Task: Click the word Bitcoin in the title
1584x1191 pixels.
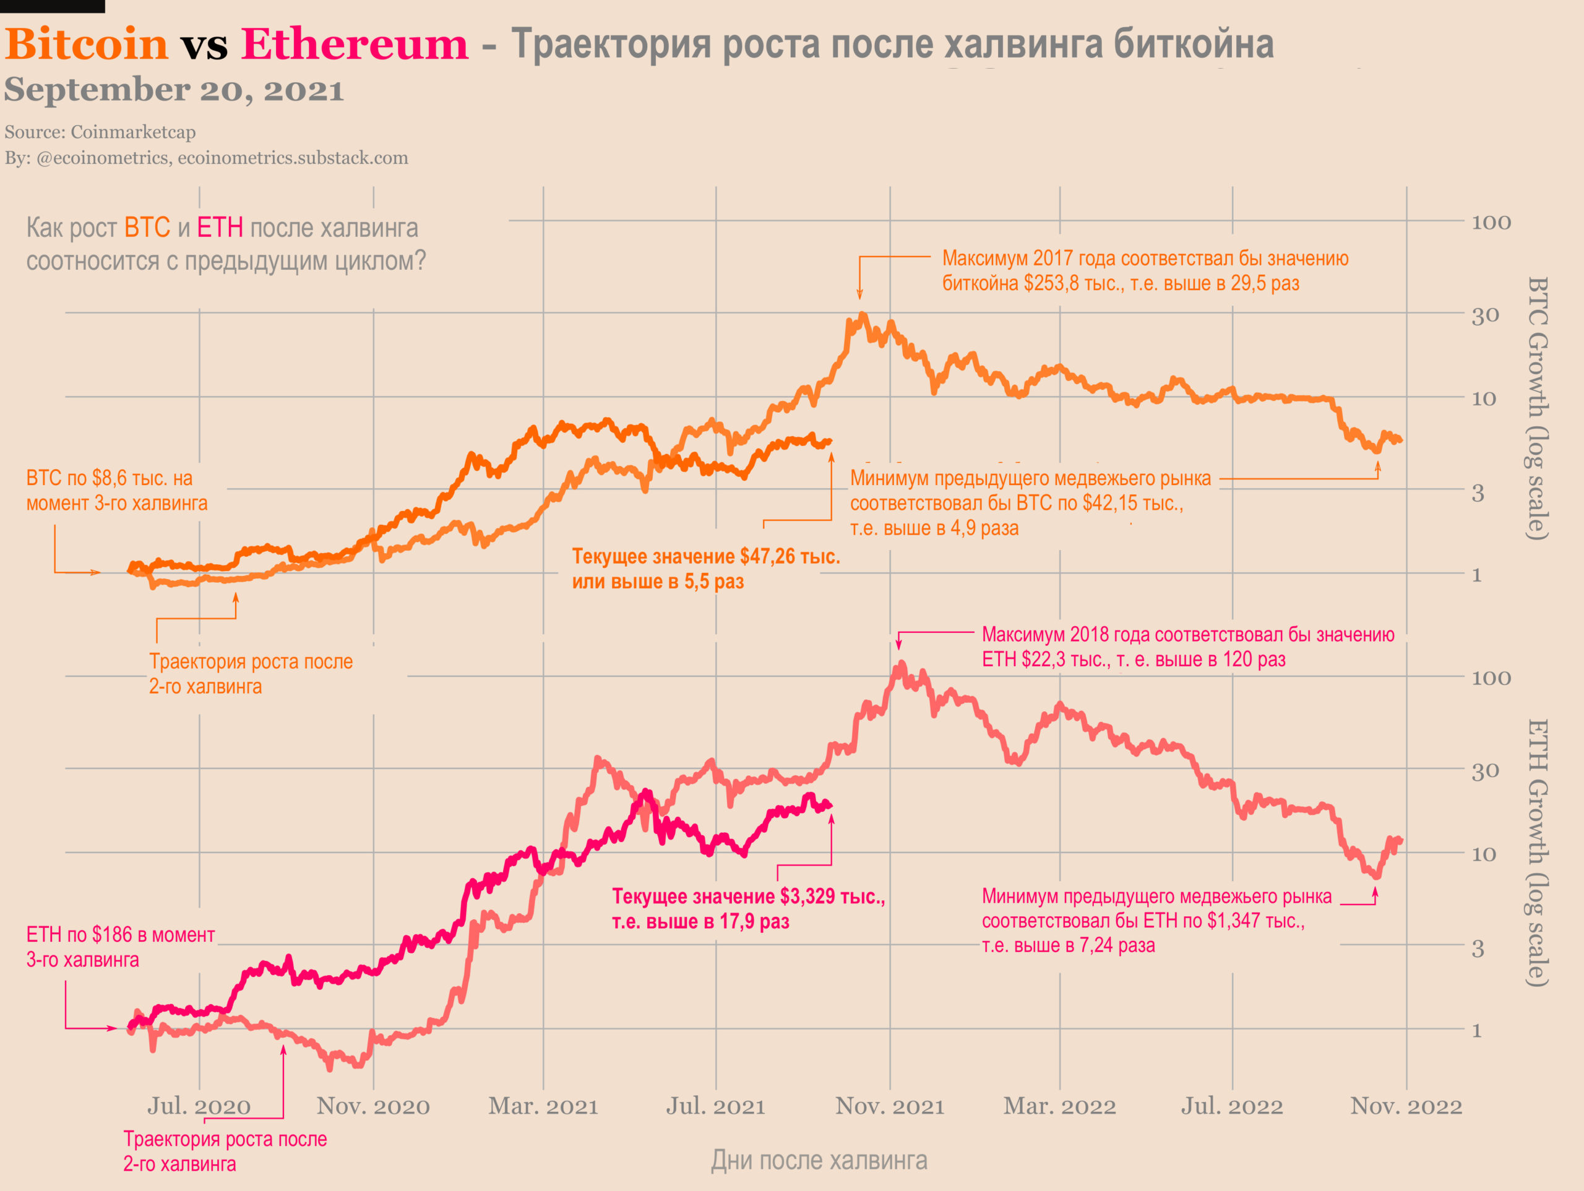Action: coord(86,45)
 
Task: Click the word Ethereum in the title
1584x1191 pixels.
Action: coord(355,45)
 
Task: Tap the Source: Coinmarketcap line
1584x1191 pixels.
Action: coord(100,132)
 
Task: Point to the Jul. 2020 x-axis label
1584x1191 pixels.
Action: coord(199,1106)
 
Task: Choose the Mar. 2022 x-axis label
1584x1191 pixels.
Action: coord(1059,1106)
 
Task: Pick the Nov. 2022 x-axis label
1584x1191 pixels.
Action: coord(1406,1106)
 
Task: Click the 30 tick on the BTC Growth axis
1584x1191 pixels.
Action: coord(1485,316)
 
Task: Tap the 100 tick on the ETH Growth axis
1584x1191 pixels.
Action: coord(1491,678)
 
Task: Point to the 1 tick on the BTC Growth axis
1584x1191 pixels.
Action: coord(1476,575)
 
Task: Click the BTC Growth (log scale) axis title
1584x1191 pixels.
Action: coord(1538,408)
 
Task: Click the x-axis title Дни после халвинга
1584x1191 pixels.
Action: coord(819,1160)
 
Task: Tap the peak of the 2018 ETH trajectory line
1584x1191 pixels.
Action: coord(901,664)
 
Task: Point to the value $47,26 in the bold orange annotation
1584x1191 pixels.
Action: coord(766,556)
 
